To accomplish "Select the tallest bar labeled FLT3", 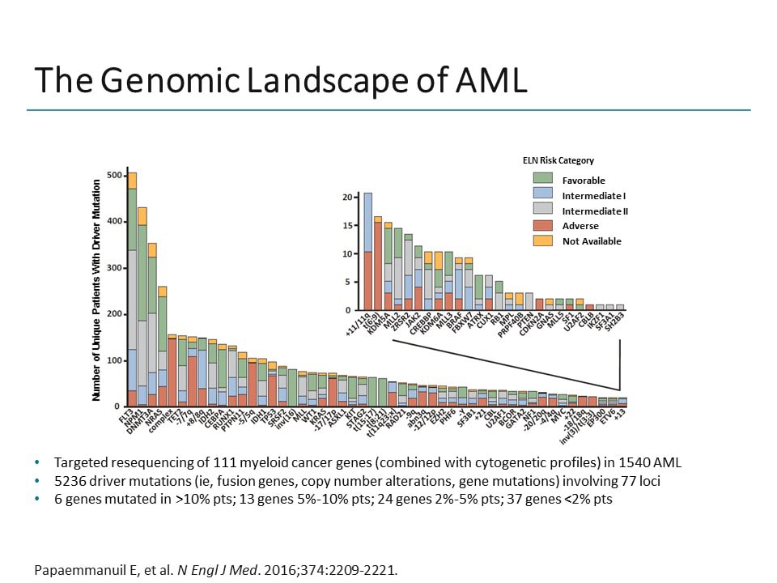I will pos(132,291).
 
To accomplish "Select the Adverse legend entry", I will pos(580,226).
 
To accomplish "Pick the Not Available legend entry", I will pos(592,241).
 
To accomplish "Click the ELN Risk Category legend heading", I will pos(558,161).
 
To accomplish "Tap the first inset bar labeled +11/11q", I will pos(368,251).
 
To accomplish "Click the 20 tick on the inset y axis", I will pos(347,198).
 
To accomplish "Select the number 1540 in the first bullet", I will pos(633,463).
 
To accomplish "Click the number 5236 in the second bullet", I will pos(68,481).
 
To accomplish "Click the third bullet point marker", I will pos(38,499).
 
